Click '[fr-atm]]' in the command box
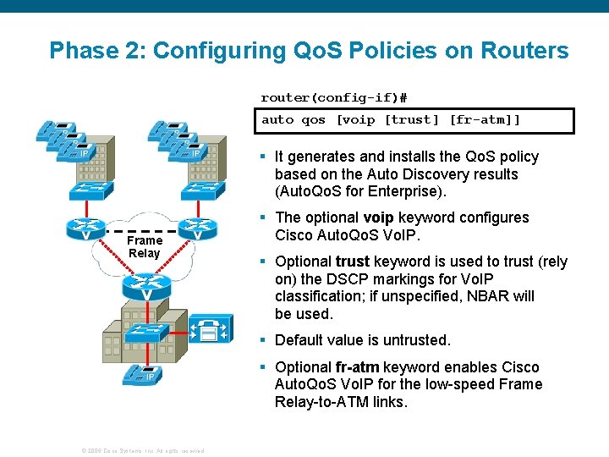coord(485,120)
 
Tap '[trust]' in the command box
coord(412,120)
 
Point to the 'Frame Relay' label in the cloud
coord(144,247)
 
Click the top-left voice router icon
coord(87,228)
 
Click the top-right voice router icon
coord(197,228)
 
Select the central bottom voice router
coord(147,288)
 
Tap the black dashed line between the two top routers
coord(142,229)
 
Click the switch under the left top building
coord(91,191)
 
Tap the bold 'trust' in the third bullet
coord(353,262)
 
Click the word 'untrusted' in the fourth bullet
coord(415,340)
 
